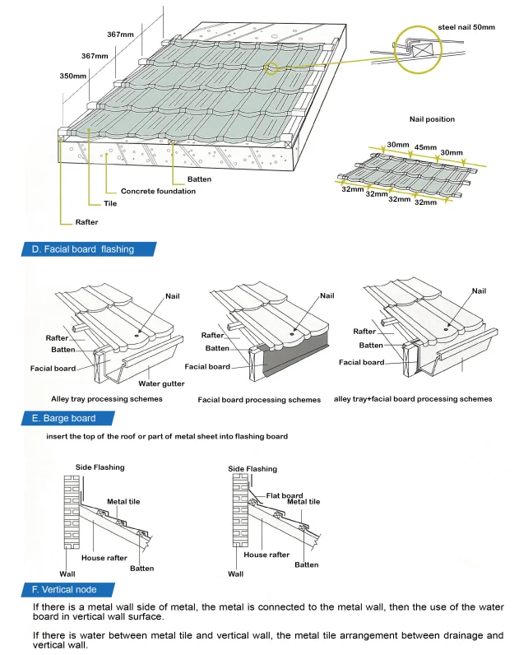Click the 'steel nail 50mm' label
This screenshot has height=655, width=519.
[x=466, y=28]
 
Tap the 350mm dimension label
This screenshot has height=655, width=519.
[x=73, y=76]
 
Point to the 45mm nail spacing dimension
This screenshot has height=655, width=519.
[x=425, y=149]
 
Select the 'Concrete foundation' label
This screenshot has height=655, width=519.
[x=158, y=192]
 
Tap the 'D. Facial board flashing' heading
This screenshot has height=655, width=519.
[x=82, y=249]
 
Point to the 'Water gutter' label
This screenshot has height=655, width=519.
[x=161, y=383]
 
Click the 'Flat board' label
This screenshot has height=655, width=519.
[x=284, y=495]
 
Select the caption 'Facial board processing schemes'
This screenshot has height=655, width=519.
[x=259, y=400]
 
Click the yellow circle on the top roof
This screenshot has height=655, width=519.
[x=272, y=68]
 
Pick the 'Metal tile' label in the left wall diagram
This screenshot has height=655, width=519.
[x=123, y=502]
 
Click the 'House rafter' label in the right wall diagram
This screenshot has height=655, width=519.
[x=266, y=555]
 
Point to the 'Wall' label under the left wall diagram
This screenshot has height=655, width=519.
[x=67, y=574]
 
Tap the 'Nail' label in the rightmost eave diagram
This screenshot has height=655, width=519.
[x=479, y=291]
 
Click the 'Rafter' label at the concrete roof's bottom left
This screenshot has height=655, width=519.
[x=86, y=222]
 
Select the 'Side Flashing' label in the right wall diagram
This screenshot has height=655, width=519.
[x=253, y=470]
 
